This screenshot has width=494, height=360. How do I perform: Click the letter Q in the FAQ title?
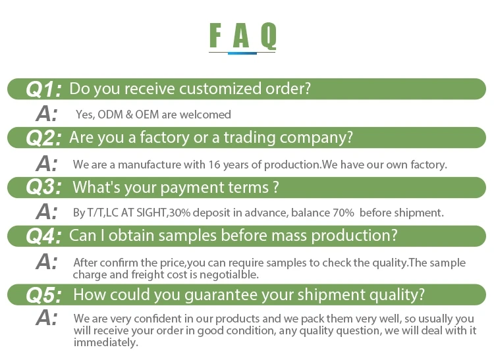269,36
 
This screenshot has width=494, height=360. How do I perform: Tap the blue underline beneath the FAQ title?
242,53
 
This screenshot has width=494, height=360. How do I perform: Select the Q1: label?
43,89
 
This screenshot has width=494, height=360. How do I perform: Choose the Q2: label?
43,138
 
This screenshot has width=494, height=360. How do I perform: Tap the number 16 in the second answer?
214,165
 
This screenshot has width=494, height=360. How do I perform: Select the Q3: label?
43,187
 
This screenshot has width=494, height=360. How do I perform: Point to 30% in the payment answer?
180,213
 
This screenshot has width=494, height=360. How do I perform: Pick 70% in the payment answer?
343,213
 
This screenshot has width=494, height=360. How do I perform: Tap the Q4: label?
43,236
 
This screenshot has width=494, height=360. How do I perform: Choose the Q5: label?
43,296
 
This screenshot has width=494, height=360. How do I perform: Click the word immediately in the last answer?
106,342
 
